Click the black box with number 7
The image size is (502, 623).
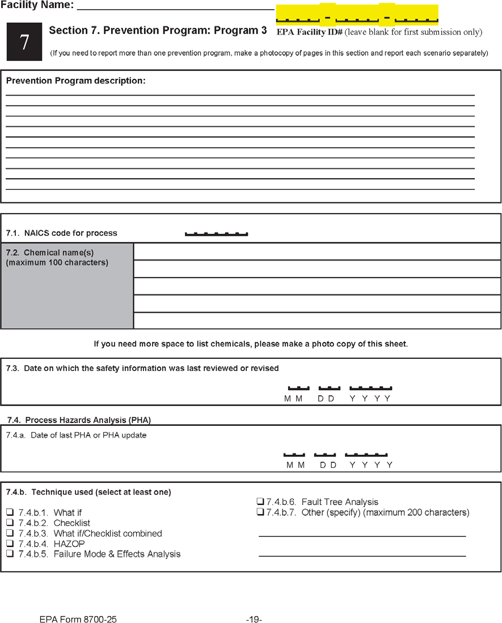click(x=24, y=42)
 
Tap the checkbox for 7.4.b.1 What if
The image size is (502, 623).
click(x=10, y=513)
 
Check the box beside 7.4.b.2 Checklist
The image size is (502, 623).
click(x=10, y=523)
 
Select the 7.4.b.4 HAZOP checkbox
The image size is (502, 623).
click(x=10, y=544)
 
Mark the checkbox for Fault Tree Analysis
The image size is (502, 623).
click(x=260, y=501)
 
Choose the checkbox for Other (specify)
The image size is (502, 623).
click(x=260, y=512)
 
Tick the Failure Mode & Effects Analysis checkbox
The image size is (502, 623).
click(x=10, y=554)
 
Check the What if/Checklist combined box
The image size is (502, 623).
click(x=10, y=533)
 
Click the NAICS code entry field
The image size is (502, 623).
click(x=217, y=232)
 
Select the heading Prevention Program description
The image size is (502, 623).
click(x=76, y=81)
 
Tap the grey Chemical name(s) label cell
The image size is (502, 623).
click(x=67, y=286)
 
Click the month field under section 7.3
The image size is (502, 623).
click(x=298, y=387)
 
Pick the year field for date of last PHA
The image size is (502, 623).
click(x=366, y=453)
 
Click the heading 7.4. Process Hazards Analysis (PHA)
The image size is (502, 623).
click(x=79, y=420)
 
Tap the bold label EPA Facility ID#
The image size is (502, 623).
click(x=309, y=32)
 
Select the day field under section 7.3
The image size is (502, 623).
click(x=329, y=387)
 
